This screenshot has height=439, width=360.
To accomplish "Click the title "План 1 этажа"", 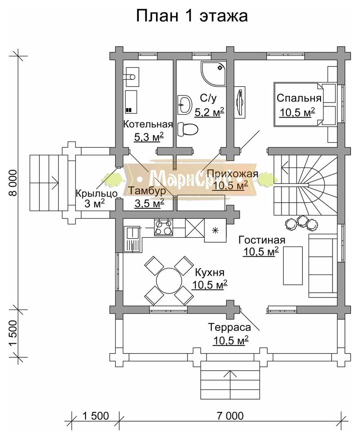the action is (x=192, y=16).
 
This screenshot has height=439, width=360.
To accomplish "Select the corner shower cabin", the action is (x=213, y=74).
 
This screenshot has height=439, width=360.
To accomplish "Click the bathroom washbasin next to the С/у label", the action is (x=184, y=104).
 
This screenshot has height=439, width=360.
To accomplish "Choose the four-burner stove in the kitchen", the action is (x=164, y=227).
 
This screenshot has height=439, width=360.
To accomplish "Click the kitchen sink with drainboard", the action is (x=132, y=239).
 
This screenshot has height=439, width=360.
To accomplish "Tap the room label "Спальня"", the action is (x=299, y=98).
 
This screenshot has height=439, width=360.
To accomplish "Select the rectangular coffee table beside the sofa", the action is (x=293, y=266).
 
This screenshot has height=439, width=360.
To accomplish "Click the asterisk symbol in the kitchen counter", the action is (x=215, y=230).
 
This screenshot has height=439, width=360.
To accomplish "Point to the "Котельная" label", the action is (x=148, y=124).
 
